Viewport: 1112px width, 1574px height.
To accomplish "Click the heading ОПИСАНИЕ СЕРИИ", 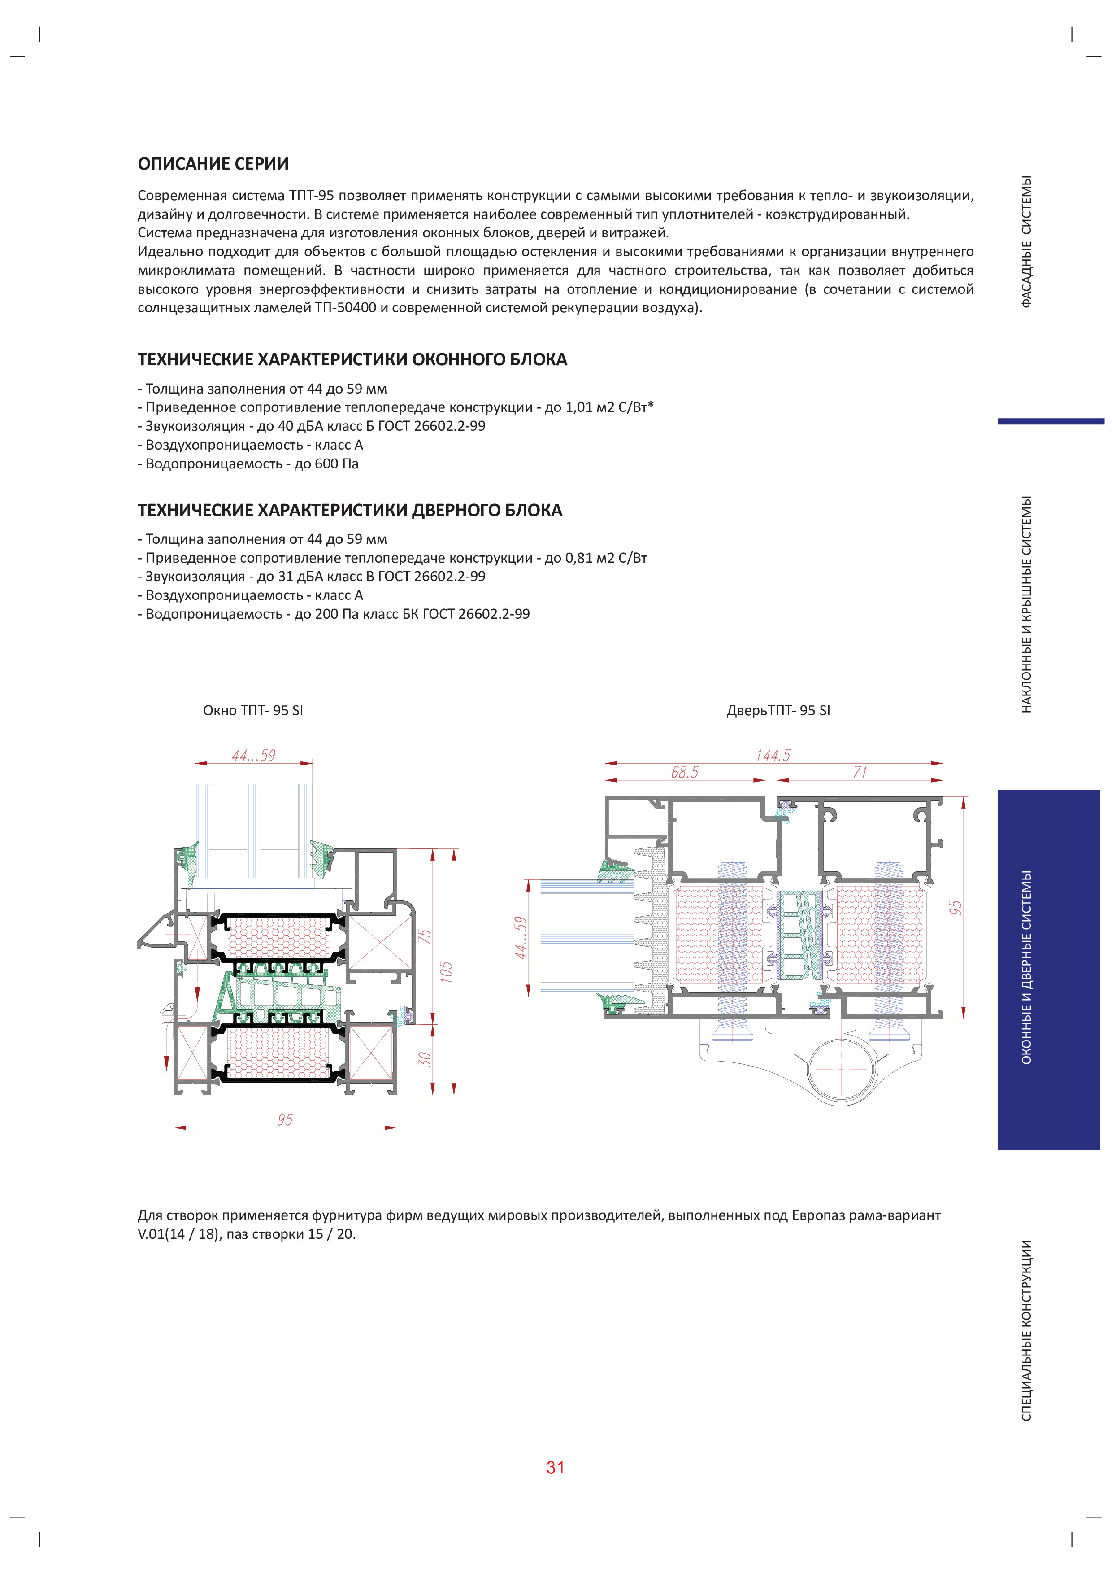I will point(213,164).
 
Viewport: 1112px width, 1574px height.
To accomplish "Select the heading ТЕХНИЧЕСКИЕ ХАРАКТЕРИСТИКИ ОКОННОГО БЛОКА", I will point(352,360).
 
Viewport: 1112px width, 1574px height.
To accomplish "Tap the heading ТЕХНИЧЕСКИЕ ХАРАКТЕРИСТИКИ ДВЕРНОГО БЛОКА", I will point(349,510).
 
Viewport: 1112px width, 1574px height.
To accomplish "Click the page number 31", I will point(555,1467).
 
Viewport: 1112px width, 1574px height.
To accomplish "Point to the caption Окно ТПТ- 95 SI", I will point(253,710).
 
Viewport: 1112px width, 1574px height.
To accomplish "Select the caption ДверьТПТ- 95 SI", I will point(778,710).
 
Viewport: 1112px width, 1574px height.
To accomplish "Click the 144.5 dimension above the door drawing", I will point(773,756).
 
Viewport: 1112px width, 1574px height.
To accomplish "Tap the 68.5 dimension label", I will point(685,773).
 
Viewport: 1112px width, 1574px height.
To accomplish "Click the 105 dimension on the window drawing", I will point(446,971).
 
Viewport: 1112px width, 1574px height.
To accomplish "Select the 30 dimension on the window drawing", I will point(425,1059).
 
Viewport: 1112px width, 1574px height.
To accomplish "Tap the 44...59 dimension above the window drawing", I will point(253,756).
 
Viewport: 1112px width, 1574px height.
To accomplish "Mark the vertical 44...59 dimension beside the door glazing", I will point(521,938).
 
